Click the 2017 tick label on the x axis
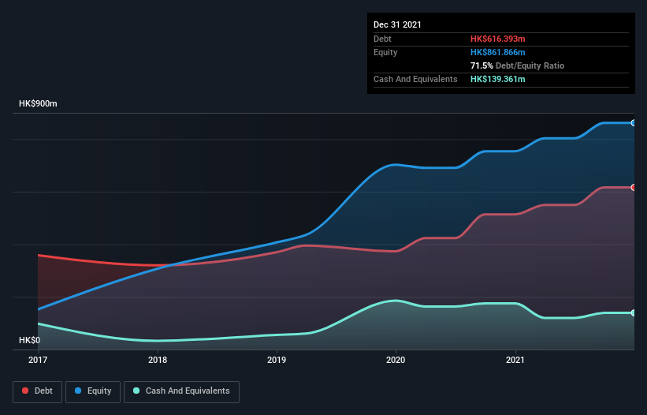click(x=38, y=360)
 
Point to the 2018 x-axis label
click(x=158, y=360)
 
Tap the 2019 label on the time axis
click(x=277, y=360)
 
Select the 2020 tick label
click(x=396, y=360)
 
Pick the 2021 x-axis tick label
click(x=515, y=360)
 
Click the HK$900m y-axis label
click(x=38, y=104)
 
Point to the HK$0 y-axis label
click(x=29, y=341)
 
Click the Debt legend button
click(x=37, y=391)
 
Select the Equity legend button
click(x=92, y=391)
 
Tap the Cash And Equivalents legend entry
click(x=181, y=391)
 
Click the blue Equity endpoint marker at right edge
click(x=634, y=123)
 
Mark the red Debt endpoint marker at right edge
click(x=634, y=188)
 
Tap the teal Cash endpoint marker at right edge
click(x=634, y=313)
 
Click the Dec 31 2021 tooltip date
click(x=397, y=24)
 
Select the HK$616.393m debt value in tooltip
click(x=498, y=39)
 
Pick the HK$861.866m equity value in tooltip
click(x=498, y=52)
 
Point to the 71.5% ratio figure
click(x=481, y=65)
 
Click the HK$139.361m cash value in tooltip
click(x=498, y=80)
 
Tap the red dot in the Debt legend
click(x=26, y=391)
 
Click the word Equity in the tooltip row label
click(x=385, y=52)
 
